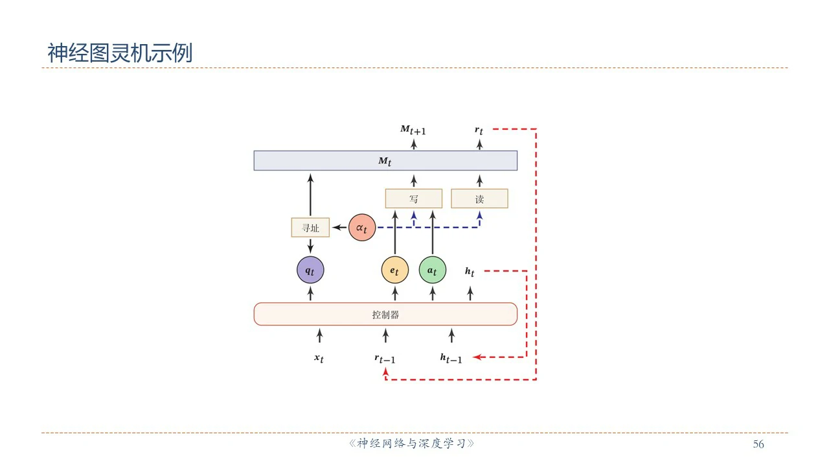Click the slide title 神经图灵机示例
coord(120,53)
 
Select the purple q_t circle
coord(310,270)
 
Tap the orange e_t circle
coord(395,270)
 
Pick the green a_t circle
coord(432,270)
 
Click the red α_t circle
coord(362,228)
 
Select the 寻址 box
coord(310,228)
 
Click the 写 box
coord(414,198)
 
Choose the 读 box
coord(479,198)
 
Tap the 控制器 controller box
coord(385,314)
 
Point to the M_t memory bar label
coord(385,161)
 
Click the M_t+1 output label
coord(413,130)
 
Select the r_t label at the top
coord(479,130)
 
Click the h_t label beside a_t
coord(470,272)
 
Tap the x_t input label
coord(319,358)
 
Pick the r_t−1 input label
coord(385,359)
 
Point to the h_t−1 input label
coord(451,358)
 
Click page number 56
coord(758,444)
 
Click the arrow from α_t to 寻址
coord(340,228)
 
